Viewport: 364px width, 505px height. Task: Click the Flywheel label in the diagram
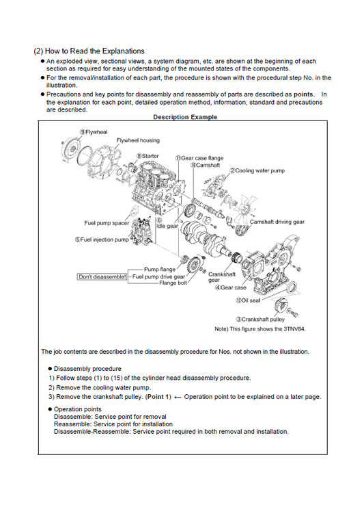[94, 132]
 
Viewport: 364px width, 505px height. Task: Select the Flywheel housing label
[138, 140]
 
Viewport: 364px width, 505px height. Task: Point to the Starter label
[148, 156]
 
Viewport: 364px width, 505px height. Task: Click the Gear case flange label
[199, 158]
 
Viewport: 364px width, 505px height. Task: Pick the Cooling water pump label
[257, 170]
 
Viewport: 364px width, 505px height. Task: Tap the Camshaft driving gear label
[277, 222]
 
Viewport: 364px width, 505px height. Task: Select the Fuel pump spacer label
[107, 223]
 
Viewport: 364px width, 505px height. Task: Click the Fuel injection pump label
[102, 239]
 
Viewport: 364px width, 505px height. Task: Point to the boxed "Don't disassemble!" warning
[102, 277]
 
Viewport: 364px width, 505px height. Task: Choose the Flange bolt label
[173, 283]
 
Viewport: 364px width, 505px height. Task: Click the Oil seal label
[248, 300]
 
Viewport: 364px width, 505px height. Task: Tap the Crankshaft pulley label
[260, 320]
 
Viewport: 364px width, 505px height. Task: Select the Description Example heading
[185, 117]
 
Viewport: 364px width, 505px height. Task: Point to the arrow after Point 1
[177, 398]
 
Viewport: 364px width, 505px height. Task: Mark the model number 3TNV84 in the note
[294, 329]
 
